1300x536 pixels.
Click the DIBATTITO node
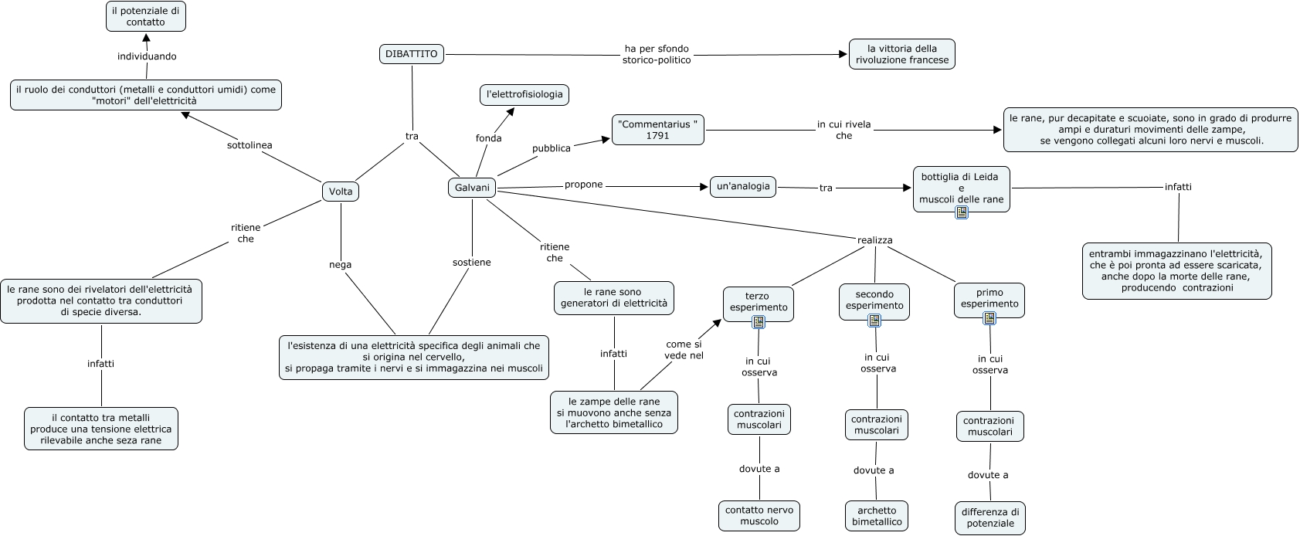[412, 54]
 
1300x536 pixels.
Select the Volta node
[341, 192]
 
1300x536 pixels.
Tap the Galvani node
[472, 188]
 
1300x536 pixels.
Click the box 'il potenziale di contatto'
[146, 16]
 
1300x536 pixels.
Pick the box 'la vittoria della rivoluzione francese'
[901, 54]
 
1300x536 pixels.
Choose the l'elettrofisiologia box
[524, 95]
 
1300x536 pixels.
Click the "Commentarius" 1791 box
[658, 130]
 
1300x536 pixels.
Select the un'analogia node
[743, 187]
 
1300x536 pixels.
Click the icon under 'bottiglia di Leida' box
[962, 212]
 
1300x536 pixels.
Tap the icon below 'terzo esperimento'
[759, 323]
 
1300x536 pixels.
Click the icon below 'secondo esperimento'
[874, 321]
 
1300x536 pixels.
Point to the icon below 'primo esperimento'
[989, 318]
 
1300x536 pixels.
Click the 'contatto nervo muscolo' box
[759, 516]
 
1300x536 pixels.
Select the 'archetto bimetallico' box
[877, 516]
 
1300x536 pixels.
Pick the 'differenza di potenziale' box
[990, 517]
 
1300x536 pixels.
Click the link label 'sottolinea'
[249, 145]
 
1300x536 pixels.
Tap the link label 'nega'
[340, 265]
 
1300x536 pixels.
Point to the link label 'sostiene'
[471, 263]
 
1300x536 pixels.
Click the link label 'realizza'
[874, 240]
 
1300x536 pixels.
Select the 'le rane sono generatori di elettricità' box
[614, 298]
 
